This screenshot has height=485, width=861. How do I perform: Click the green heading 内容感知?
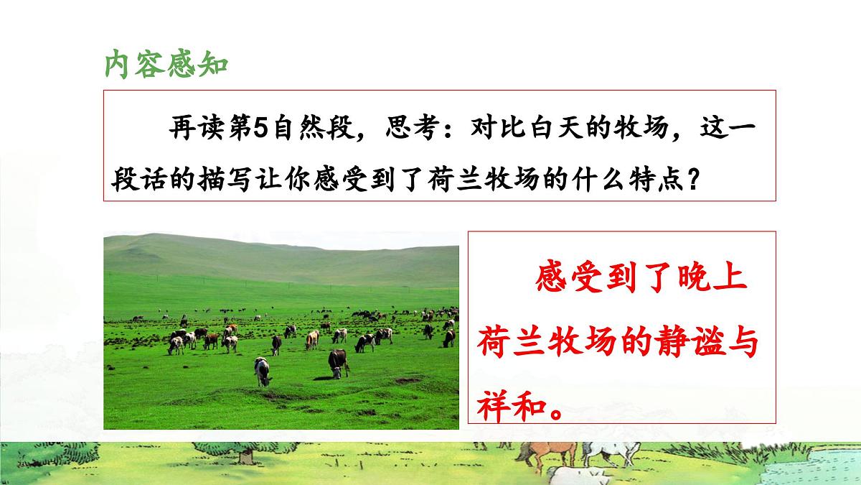tap(166, 63)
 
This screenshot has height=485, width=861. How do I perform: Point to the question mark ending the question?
tap(692, 177)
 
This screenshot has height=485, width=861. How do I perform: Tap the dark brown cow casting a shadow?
tap(338, 363)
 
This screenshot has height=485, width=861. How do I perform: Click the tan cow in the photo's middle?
tap(311, 339)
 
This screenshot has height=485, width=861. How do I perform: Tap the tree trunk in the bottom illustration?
tap(245, 456)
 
